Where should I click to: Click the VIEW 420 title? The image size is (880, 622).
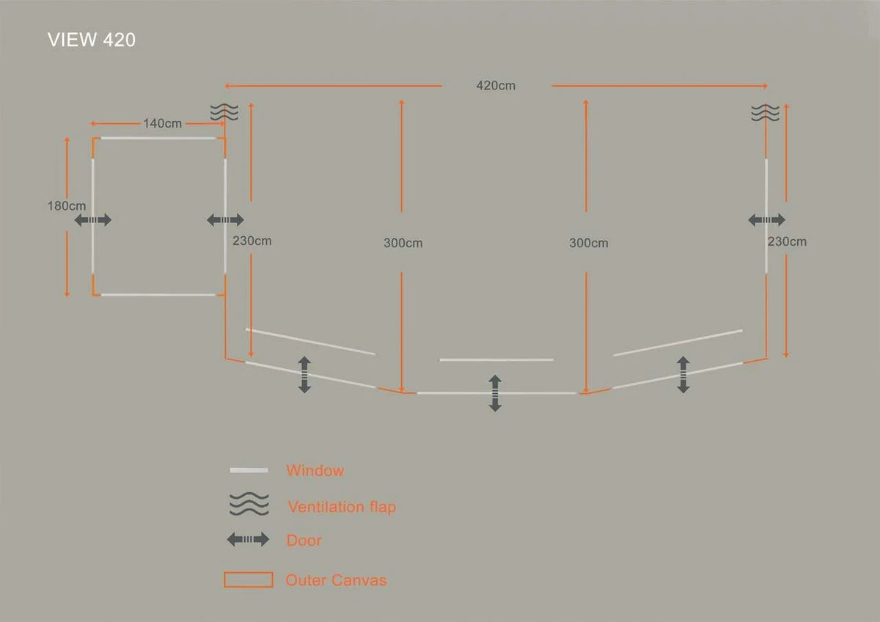[x=92, y=40]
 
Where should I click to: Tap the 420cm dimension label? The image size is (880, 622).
[x=496, y=86]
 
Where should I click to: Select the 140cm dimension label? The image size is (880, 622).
[x=162, y=123]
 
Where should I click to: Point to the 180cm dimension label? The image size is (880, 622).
[x=67, y=205]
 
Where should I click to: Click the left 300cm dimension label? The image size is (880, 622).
[x=403, y=243]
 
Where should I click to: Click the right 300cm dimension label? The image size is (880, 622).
[x=588, y=243]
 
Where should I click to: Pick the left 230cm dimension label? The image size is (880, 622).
[x=252, y=241]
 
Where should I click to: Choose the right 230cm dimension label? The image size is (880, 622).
[x=787, y=241]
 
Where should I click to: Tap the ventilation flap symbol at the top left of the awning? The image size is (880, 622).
[x=224, y=112]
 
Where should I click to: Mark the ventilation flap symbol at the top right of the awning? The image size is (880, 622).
[x=766, y=112]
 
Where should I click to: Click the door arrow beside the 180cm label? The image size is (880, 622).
[x=92, y=220]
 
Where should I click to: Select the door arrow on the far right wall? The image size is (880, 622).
[x=766, y=219]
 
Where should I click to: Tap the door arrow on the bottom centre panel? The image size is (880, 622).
[x=495, y=393]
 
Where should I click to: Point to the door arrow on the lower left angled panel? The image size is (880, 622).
[x=304, y=375]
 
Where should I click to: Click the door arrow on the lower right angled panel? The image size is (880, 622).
[x=683, y=375]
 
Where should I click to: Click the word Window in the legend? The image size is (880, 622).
[x=315, y=470]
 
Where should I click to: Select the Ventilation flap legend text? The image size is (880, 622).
[x=342, y=507]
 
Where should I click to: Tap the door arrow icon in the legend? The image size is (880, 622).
[x=248, y=540]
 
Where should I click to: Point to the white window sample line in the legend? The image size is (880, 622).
[x=249, y=470]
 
